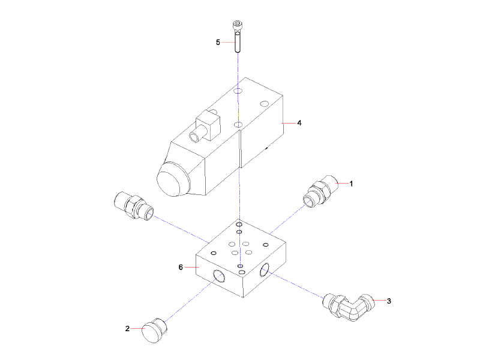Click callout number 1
352,184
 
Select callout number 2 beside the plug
127,328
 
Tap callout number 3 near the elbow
389,301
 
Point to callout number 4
299,123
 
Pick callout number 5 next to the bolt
218,43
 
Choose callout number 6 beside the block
181,267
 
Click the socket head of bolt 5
238,25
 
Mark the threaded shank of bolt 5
238,42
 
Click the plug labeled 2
155,331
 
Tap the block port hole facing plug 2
220,277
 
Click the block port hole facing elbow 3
265,272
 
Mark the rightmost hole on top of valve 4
265,104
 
